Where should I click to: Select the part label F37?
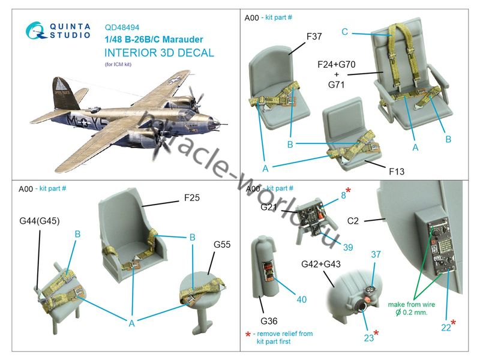[x=314, y=37]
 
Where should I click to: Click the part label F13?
[x=396, y=172]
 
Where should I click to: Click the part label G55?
[x=223, y=245]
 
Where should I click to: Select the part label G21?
[x=269, y=206]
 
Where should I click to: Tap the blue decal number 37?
[x=376, y=254]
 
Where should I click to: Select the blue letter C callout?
[x=345, y=31]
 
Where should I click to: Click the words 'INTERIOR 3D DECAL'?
[x=159, y=53]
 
